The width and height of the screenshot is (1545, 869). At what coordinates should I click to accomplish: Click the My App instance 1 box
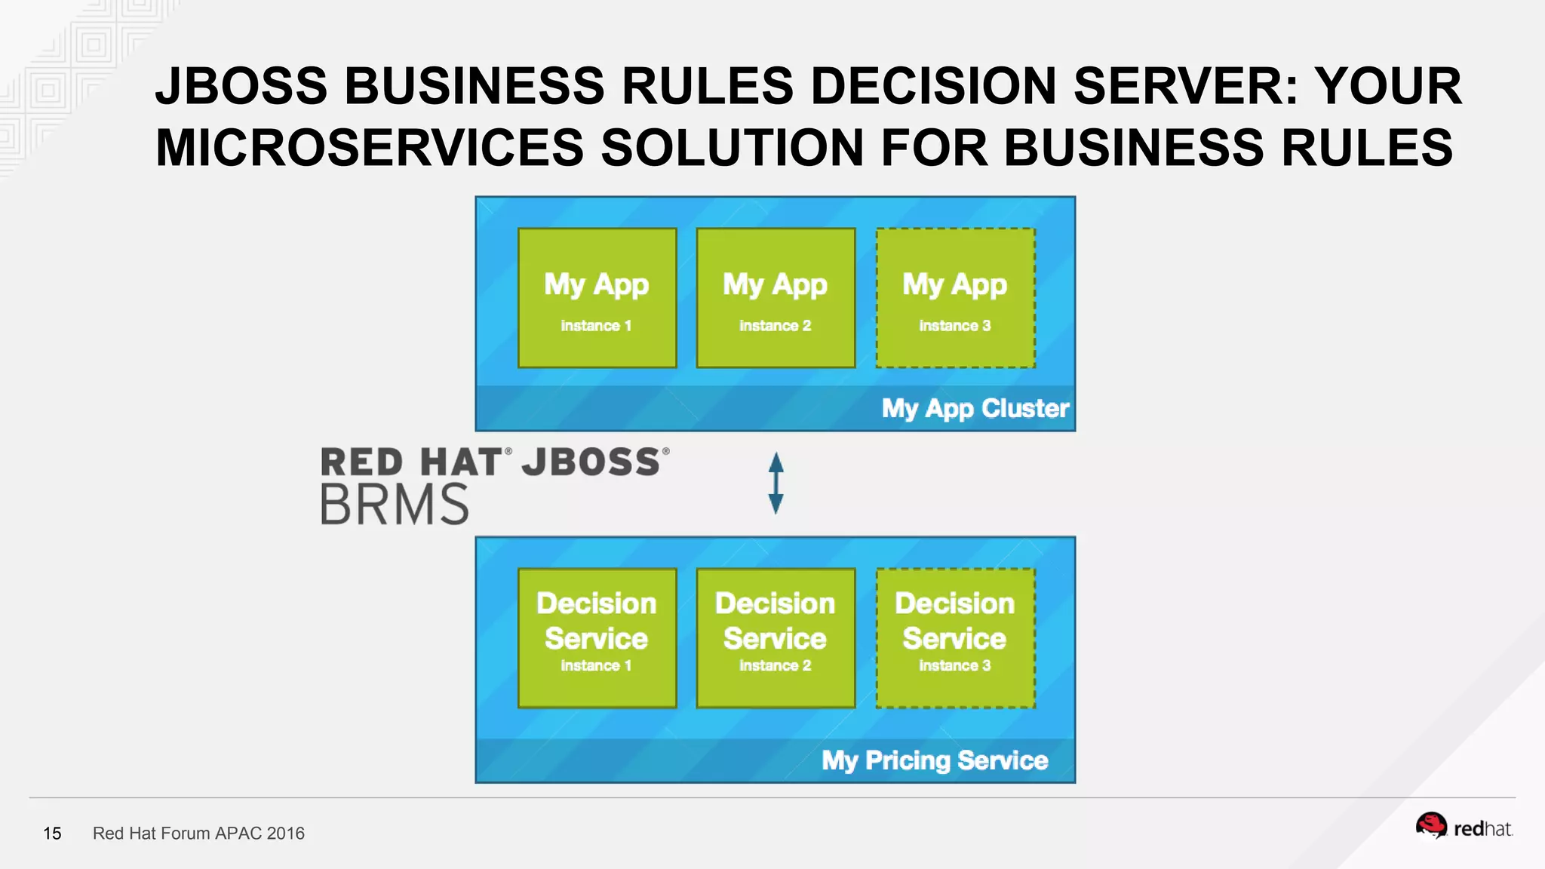click(x=597, y=298)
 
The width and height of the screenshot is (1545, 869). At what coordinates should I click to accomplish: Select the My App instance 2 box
click(x=776, y=298)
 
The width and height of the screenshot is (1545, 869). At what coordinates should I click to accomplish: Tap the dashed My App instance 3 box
click(x=955, y=298)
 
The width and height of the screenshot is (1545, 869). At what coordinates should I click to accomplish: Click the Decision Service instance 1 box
click(x=597, y=638)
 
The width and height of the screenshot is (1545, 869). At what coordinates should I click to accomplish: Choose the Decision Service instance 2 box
click(x=776, y=638)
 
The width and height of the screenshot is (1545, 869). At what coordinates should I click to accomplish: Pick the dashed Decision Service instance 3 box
click(x=955, y=638)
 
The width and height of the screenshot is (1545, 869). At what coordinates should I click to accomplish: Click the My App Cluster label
click(x=975, y=409)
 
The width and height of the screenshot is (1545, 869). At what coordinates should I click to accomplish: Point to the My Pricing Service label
click(x=935, y=760)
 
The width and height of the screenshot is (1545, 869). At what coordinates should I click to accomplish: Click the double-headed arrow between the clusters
click(x=776, y=484)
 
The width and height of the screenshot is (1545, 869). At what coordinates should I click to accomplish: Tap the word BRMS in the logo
click(x=395, y=505)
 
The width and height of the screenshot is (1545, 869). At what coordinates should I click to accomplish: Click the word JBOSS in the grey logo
click(x=591, y=462)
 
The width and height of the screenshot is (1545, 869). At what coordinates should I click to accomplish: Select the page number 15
click(x=52, y=834)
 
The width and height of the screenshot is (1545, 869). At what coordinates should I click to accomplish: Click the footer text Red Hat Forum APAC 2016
click(x=198, y=834)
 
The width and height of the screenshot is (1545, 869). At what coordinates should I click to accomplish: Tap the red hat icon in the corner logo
click(x=1430, y=826)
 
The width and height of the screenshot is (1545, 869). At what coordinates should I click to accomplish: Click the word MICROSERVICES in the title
click(x=370, y=147)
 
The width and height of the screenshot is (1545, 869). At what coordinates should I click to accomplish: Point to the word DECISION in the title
click(x=933, y=85)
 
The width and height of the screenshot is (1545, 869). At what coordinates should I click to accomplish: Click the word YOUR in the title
click(x=1388, y=85)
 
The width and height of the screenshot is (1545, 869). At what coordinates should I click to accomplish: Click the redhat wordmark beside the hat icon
click(x=1483, y=830)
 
